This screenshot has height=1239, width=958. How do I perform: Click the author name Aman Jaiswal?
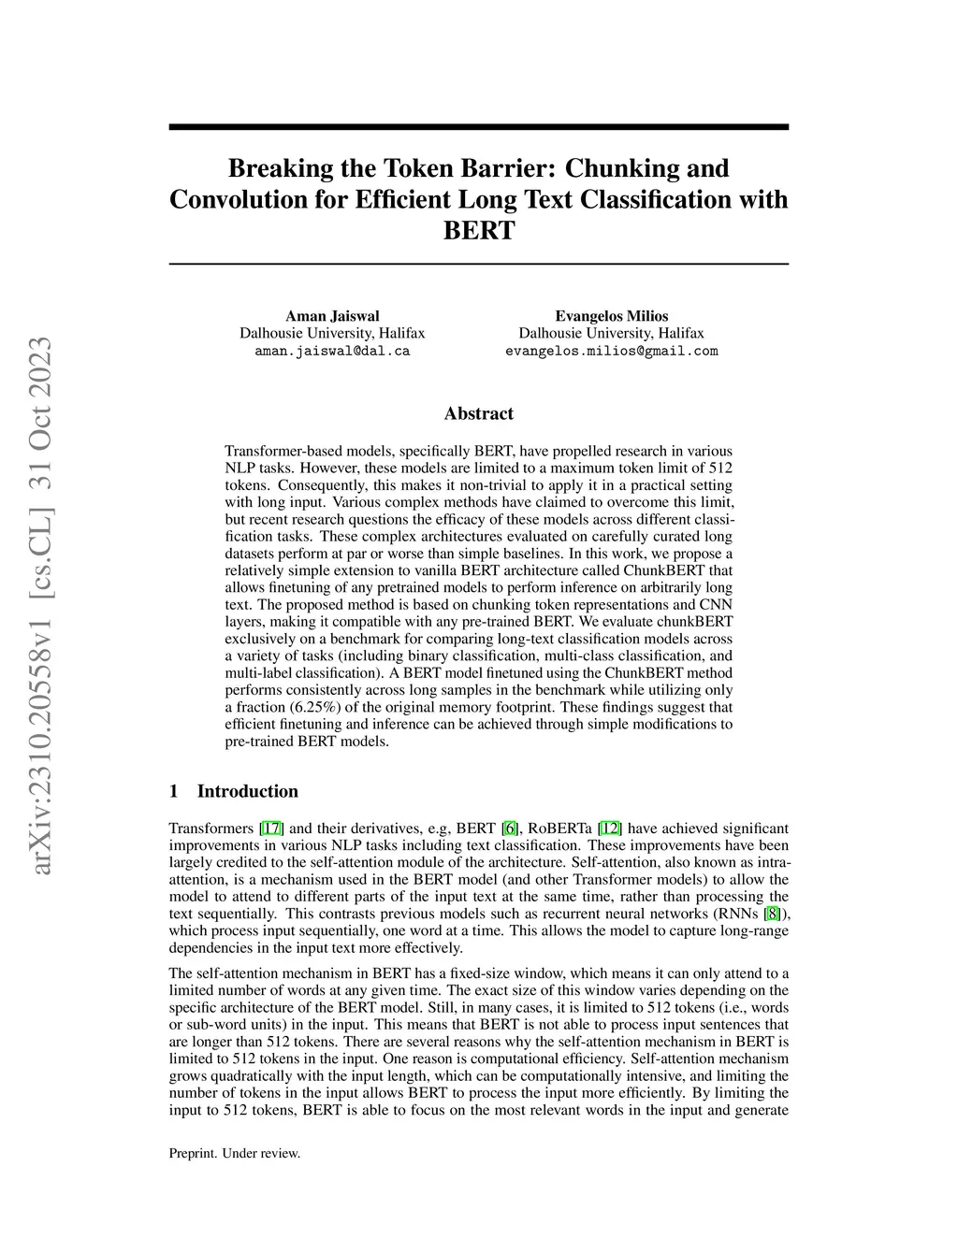point(332,316)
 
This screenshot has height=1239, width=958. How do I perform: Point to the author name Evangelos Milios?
point(612,316)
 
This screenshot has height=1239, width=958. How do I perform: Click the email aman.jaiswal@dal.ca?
point(332,352)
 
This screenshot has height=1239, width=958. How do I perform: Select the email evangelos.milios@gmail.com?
point(612,352)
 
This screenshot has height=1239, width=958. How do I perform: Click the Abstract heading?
point(478,413)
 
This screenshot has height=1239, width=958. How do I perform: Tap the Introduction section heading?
point(247,791)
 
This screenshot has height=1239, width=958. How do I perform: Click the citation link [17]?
point(271,828)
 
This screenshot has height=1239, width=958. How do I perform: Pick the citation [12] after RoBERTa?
point(610,828)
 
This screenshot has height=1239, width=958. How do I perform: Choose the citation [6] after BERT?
point(510,828)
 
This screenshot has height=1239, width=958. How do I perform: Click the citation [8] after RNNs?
point(772,914)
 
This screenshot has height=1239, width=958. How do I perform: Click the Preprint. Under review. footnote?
point(235,1153)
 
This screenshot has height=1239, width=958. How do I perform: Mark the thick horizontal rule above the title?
point(478,127)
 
